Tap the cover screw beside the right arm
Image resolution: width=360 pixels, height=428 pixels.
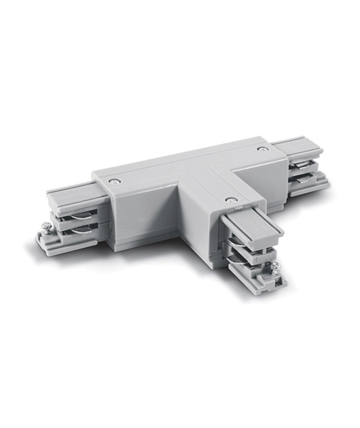[x=262, y=147]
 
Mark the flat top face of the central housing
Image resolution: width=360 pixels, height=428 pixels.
[x=177, y=170]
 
